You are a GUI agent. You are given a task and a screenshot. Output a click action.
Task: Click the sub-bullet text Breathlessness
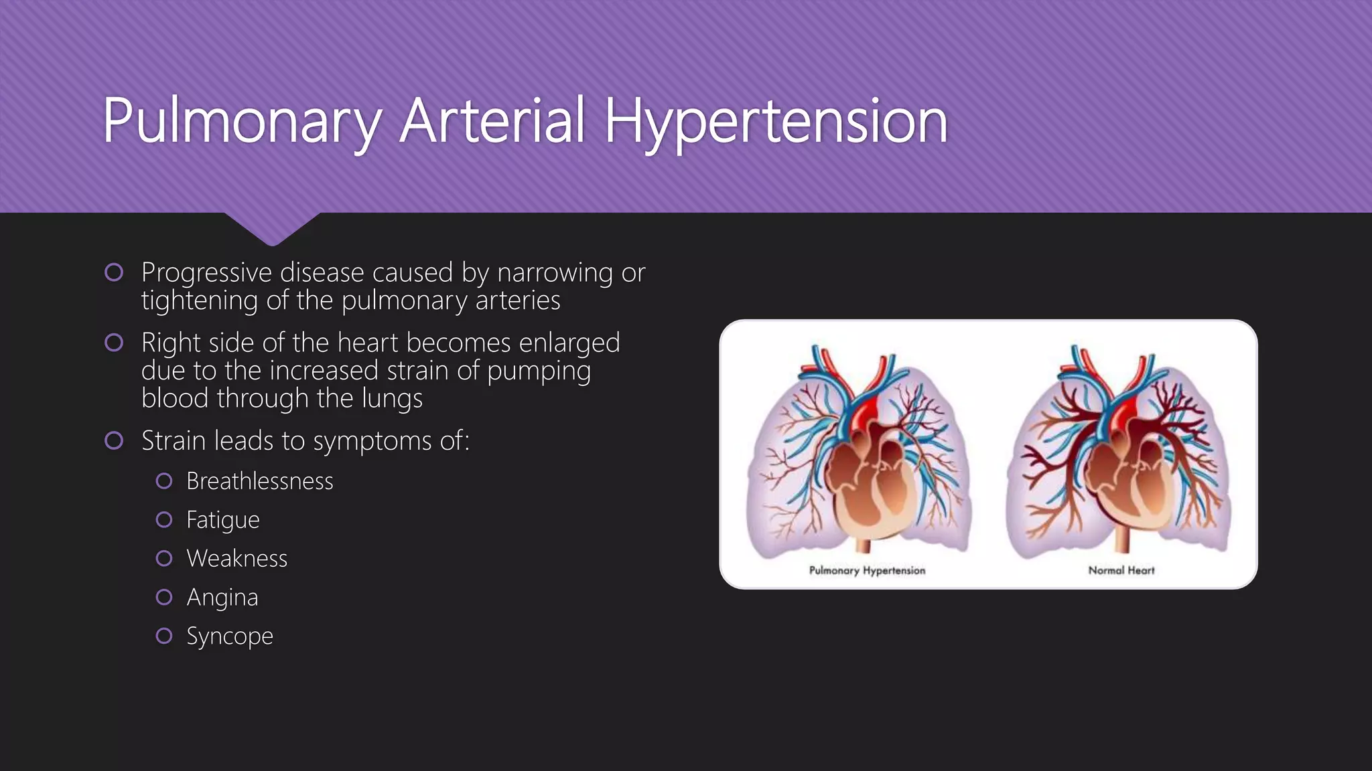[x=260, y=481]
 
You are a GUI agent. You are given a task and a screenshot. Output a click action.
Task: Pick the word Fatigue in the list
[x=223, y=520]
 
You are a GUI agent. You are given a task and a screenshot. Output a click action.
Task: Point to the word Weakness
[x=237, y=559]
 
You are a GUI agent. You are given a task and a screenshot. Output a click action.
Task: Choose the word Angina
[x=222, y=598]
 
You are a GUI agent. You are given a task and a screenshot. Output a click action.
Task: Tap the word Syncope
[x=230, y=636]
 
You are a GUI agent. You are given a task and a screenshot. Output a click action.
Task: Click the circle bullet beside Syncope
[x=164, y=636]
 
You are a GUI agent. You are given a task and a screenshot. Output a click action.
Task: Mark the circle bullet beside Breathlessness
[x=164, y=481]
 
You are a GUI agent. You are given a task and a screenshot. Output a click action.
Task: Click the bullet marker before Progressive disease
[x=114, y=272]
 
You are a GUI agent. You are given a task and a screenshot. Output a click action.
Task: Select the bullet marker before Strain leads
[x=114, y=440]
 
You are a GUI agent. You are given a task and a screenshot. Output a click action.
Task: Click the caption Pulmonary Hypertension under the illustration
[x=867, y=570]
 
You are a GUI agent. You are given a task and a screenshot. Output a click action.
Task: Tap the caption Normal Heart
[x=1121, y=570]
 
